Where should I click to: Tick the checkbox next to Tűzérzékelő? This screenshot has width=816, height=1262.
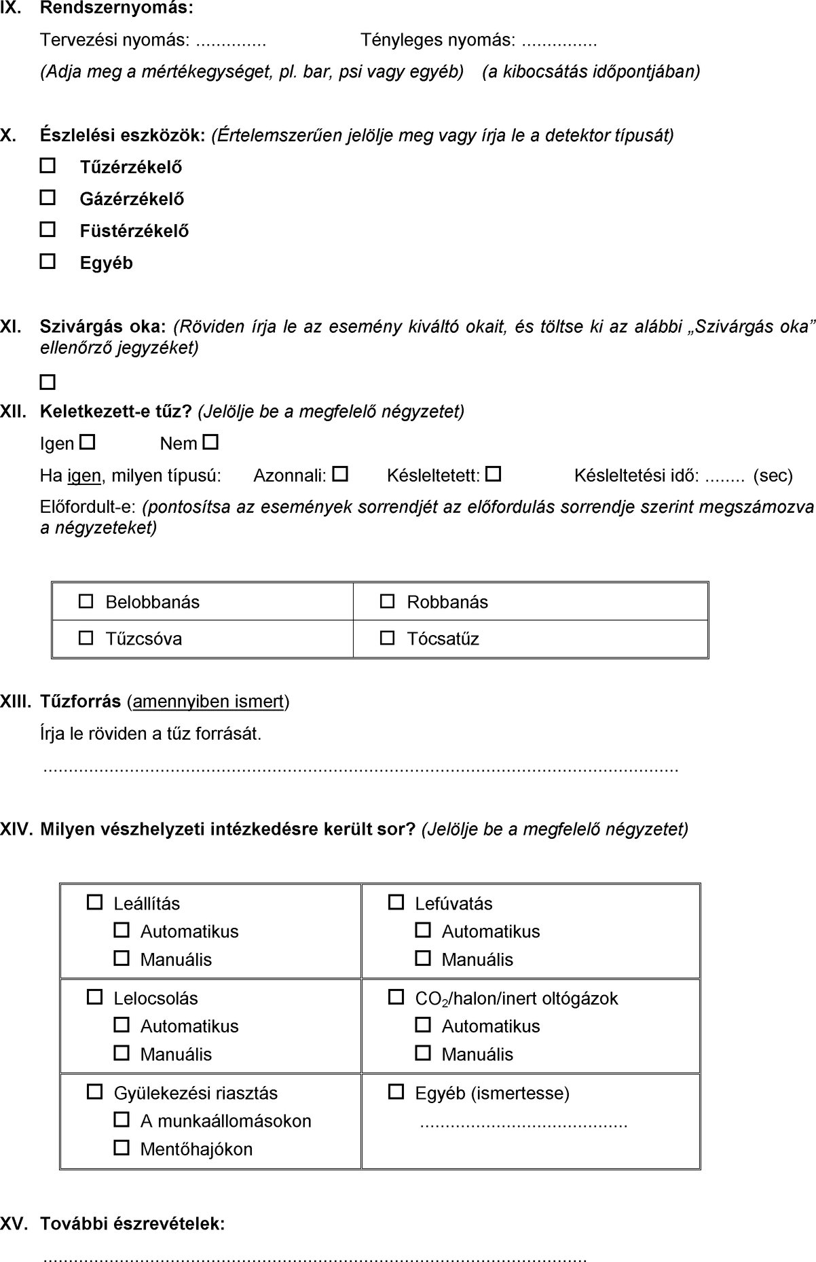(x=48, y=166)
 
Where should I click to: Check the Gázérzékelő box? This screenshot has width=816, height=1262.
(x=48, y=198)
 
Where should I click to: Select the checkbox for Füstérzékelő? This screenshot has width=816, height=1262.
(x=48, y=230)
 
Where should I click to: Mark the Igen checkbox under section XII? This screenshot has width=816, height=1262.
(x=87, y=443)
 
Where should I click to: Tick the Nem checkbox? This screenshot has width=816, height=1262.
(x=210, y=443)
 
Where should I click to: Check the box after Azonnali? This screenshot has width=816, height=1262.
(x=340, y=474)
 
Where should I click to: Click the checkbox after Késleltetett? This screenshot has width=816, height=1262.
(x=494, y=474)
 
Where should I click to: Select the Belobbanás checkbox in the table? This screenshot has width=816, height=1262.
(x=86, y=601)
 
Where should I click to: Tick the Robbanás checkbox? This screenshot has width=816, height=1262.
(x=387, y=601)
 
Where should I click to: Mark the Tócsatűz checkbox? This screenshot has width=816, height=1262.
(x=387, y=638)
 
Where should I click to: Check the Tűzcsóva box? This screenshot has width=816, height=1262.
(x=86, y=638)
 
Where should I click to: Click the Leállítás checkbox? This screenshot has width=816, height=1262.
(x=94, y=903)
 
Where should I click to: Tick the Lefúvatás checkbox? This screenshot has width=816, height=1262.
(x=395, y=903)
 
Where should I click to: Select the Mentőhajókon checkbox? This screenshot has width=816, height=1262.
(x=122, y=1148)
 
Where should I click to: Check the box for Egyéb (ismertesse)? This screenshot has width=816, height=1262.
(x=395, y=1092)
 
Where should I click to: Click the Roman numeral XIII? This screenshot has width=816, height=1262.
(x=16, y=702)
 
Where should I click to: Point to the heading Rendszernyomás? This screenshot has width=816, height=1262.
(x=116, y=9)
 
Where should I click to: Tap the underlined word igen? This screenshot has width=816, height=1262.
(x=84, y=476)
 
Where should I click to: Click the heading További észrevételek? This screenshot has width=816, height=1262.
(x=132, y=1224)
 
